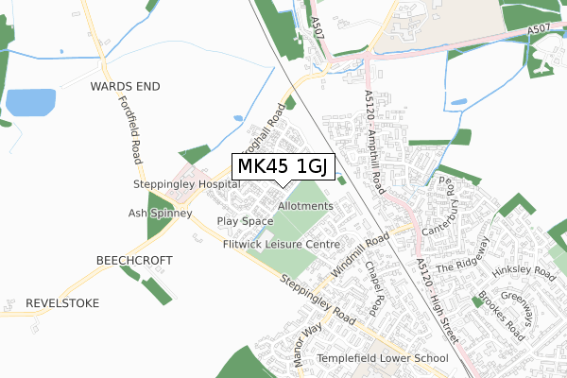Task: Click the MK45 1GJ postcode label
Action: (x=282, y=166)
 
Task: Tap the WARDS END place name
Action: (x=126, y=86)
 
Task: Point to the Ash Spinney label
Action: (x=161, y=214)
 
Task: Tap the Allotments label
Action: (x=306, y=206)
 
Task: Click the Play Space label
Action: (x=245, y=221)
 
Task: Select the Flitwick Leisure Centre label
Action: (x=281, y=244)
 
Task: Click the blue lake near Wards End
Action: (x=30, y=102)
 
